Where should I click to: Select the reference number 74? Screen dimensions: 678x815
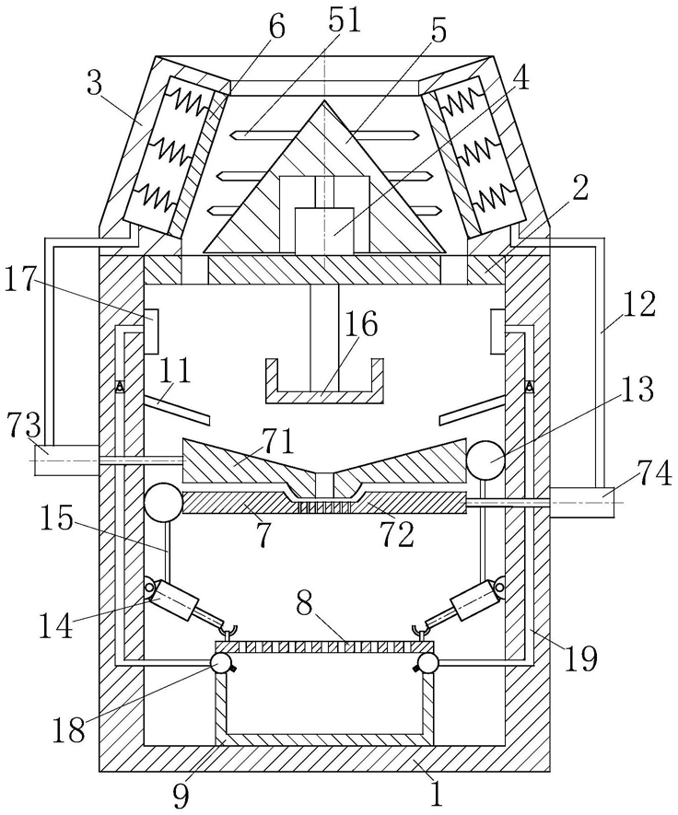click(654, 476)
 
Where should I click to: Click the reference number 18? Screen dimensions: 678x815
click(68, 731)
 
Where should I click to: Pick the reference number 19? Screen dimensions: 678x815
click(582, 658)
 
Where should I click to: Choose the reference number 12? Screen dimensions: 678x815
click(640, 305)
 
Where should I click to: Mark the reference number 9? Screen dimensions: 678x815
click(181, 797)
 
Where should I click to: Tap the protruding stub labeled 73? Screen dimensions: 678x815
click(66, 460)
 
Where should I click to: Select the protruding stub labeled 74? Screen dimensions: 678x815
click(581, 502)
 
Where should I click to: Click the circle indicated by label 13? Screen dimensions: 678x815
click(485, 459)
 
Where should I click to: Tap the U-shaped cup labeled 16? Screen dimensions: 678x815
click(324, 381)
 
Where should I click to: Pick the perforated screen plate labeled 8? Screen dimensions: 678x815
click(324, 646)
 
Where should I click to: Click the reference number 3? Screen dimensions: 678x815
click(94, 84)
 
